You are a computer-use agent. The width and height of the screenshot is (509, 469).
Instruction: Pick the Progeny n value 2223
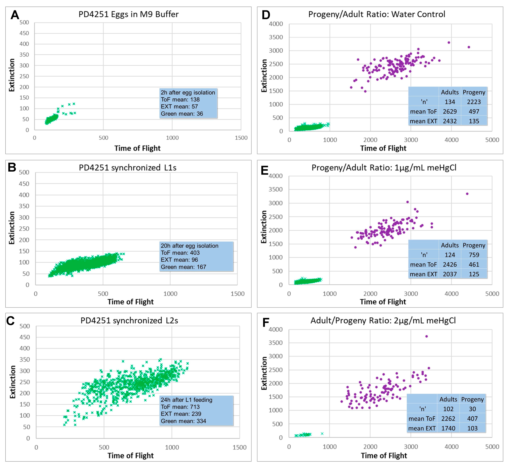474,102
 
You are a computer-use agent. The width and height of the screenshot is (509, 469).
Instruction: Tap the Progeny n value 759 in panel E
474,255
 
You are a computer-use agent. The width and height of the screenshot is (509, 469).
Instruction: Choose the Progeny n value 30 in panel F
472,409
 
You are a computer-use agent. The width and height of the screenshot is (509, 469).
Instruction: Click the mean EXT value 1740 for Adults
448,428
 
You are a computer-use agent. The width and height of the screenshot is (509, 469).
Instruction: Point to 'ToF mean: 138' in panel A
180,99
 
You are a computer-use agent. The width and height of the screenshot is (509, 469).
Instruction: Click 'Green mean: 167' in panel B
183,267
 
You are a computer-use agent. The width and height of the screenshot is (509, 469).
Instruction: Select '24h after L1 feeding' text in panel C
187,400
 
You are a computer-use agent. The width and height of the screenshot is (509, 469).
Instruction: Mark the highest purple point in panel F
426,336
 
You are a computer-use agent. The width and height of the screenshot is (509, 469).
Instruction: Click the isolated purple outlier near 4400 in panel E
467,194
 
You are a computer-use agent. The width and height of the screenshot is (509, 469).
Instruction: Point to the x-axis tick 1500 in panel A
241,138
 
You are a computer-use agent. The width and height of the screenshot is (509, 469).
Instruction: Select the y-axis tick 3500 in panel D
276,37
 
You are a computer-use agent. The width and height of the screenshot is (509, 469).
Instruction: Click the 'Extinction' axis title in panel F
264,373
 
